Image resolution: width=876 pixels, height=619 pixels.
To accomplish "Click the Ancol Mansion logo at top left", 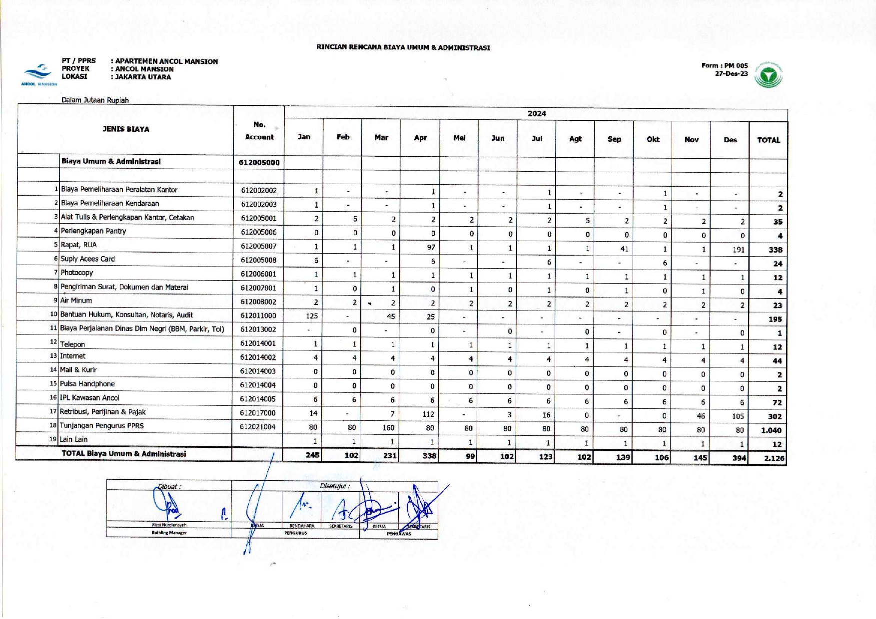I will click(x=38, y=74).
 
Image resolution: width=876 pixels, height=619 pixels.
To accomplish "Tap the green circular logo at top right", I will click(x=769, y=75).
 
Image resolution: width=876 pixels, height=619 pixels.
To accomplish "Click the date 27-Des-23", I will click(x=731, y=73).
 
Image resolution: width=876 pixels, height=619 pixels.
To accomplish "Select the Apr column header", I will click(x=420, y=138).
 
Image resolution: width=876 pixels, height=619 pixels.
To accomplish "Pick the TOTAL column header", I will click(x=769, y=140).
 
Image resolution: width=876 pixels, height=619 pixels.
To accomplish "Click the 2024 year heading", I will click(x=537, y=114).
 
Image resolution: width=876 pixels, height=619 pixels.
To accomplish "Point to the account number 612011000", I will click(x=258, y=315).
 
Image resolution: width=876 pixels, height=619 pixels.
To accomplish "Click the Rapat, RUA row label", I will click(x=78, y=245).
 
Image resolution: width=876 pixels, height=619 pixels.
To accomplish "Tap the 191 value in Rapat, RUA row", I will click(x=738, y=250).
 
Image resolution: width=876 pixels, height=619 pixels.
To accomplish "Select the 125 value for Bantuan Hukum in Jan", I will click(x=312, y=315).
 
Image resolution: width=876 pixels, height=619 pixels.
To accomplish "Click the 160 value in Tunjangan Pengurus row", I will click(x=388, y=428).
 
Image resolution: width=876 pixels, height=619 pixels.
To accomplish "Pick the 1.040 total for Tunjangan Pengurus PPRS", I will click(x=771, y=430).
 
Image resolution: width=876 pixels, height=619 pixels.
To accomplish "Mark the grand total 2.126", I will click(x=774, y=458).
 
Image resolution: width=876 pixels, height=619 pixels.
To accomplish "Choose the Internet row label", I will click(x=72, y=356).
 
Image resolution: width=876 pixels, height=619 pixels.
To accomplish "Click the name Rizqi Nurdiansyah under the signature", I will click(x=169, y=525).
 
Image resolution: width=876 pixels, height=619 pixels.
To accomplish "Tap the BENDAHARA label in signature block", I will click(x=302, y=526).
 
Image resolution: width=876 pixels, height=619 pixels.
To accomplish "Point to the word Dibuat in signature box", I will click(x=169, y=486).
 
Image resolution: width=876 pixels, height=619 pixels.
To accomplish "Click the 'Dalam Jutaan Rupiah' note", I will click(x=95, y=100).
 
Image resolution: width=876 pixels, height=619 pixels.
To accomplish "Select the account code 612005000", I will click(x=259, y=163).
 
